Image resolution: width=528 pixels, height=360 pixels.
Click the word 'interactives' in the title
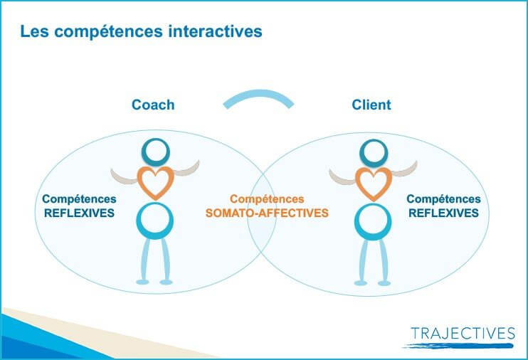point(215,31)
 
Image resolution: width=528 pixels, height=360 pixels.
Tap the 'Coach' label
point(153,105)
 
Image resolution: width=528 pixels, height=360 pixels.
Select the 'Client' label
point(371,105)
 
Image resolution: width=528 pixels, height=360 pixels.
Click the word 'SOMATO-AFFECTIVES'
point(267,213)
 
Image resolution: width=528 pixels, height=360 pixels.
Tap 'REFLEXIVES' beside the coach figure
point(79,213)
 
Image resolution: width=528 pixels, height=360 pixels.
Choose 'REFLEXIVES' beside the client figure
point(443,213)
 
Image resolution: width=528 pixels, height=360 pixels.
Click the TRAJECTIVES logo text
point(463,334)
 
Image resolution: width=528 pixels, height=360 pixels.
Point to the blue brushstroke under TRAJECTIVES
point(458,346)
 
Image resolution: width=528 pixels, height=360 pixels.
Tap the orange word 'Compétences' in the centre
point(267,199)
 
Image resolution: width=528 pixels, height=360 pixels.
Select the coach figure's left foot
point(142,282)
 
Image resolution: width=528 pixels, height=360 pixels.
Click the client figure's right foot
point(384,283)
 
